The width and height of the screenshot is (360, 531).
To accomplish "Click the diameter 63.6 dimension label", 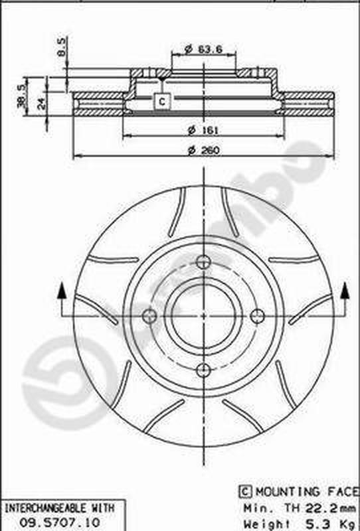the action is (x=203, y=49).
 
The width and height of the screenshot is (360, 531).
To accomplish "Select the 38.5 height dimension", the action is (x=22, y=96).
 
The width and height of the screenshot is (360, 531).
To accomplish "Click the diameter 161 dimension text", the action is (x=203, y=129).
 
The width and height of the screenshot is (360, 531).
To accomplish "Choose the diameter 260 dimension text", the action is (x=204, y=150).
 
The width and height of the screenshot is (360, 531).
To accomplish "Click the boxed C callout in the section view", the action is (x=162, y=102).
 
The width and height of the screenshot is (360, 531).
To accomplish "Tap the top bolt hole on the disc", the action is (x=203, y=262).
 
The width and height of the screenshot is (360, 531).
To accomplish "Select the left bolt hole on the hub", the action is (x=149, y=316).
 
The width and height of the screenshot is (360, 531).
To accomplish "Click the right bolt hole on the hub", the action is (x=258, y=316).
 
